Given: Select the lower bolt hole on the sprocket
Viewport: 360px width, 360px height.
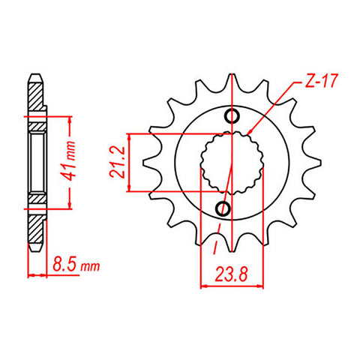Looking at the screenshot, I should coord(223,207).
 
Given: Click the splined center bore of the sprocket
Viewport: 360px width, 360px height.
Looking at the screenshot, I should coord(232,161).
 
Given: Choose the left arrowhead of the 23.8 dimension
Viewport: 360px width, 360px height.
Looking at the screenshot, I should coord(204,286).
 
